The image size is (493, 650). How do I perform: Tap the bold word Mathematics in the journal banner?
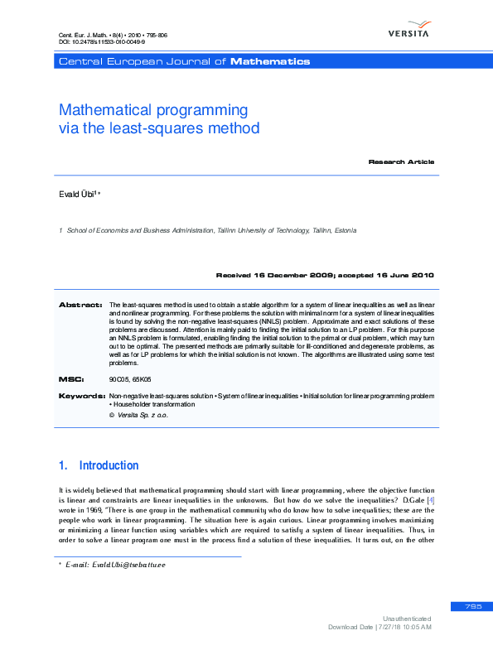pos(270,61)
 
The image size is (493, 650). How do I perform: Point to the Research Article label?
pos(401,161)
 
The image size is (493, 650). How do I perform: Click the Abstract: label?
pos(80,306)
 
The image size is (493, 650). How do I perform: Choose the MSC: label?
pos(71,378)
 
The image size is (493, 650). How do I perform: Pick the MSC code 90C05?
pos(119,378)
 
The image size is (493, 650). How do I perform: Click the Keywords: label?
pos(80,397)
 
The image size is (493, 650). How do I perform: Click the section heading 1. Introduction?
pos(99,465)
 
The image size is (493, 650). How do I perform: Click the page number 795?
pos(473,607)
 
